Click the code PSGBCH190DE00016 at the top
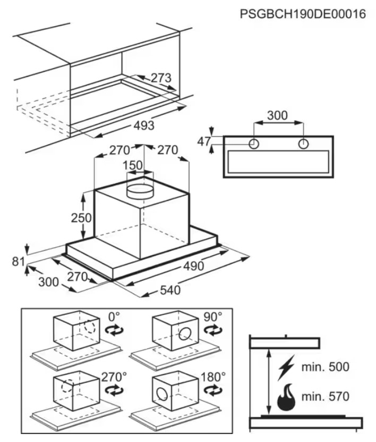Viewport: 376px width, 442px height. tap(303, 14)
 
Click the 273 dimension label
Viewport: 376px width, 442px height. tap(161, 78)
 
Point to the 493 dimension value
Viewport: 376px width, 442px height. tap(144, 125)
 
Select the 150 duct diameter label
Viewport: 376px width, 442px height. tap(133, 165)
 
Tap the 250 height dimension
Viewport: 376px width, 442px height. tap(81, 218)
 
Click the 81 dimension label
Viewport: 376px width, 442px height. tap(18, 262)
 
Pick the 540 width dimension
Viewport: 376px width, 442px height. tap(170, 290)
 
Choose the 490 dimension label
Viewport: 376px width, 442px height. tap(193, 266)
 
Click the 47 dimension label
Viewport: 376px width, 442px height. tap(204, 141)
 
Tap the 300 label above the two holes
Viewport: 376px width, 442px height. tap(277, 115)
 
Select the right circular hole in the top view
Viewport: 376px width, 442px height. tap(303, 144)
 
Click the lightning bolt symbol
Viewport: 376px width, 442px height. tap(286, 368)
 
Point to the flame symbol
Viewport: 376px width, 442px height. tap(286, 397)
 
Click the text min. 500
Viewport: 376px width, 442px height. tap(326, 366)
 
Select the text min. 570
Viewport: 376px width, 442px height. tap(326, 396)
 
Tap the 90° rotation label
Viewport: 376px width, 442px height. tap(213, 317)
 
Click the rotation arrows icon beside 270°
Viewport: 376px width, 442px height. tap(114, 390)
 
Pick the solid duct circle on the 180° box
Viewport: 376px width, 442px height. tap(162, 394)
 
